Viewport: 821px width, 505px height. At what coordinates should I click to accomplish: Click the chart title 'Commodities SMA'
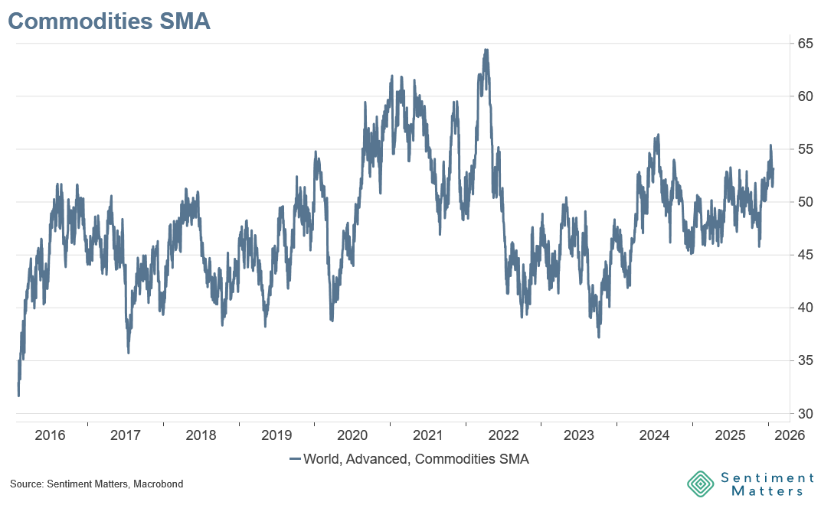[x=109, y=21]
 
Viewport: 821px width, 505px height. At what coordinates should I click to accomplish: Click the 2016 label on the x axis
[x=50, y=436]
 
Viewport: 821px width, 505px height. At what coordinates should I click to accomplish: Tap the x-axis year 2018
[x=201, y=436]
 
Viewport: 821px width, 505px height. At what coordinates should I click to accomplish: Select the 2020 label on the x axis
[x=352, y=436]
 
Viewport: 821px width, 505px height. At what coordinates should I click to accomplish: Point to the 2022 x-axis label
[x=503, y=436]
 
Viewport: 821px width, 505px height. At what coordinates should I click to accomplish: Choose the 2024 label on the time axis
[x=655, y=436]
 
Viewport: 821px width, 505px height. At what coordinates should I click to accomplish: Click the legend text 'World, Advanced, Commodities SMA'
[x=416, y=460]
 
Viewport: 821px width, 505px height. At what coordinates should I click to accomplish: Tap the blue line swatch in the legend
[x=295, y=460]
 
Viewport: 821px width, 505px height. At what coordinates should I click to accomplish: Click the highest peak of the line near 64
[x=486, y=50]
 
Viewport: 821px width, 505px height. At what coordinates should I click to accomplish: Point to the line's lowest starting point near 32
[x=18, y=396]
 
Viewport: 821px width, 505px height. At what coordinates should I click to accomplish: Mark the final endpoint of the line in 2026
[x=774, y=169]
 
